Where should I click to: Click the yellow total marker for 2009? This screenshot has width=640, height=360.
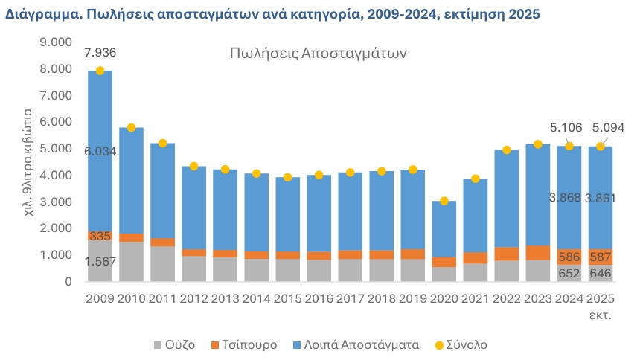coord(100,71)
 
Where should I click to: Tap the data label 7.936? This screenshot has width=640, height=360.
coord(100,52)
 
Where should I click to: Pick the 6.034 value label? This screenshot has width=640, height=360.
coord(100,151)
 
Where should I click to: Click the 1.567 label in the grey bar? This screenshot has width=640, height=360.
coord(100,261)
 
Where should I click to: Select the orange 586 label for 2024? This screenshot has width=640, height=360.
coord(569,257)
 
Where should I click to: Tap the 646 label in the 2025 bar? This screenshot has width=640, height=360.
coord(600,274)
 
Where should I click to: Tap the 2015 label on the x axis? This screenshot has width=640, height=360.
coord(287,300)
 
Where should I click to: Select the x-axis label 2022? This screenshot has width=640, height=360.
coord(506,300)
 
